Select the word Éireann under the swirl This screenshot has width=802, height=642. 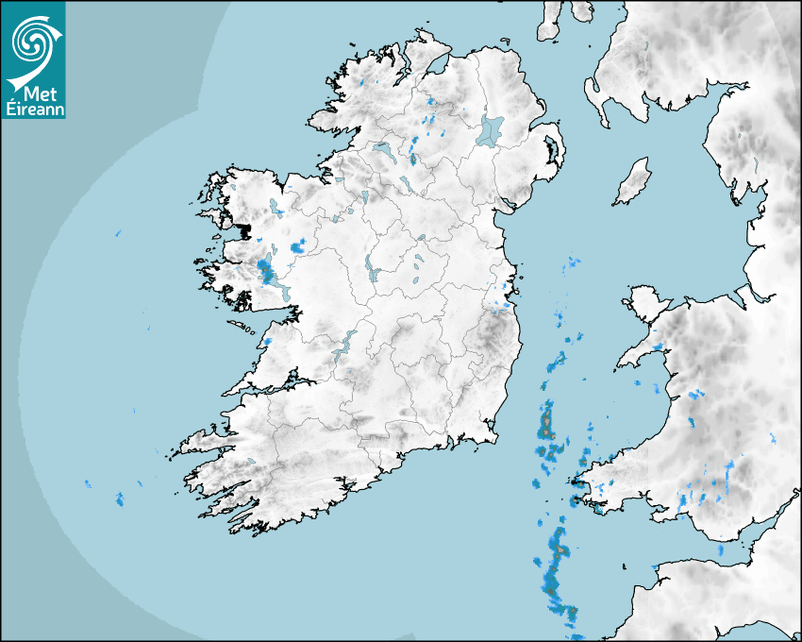coord(34,109)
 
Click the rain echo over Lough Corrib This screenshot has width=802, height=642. coord(267,272)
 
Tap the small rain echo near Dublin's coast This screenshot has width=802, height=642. coord(500,304)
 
